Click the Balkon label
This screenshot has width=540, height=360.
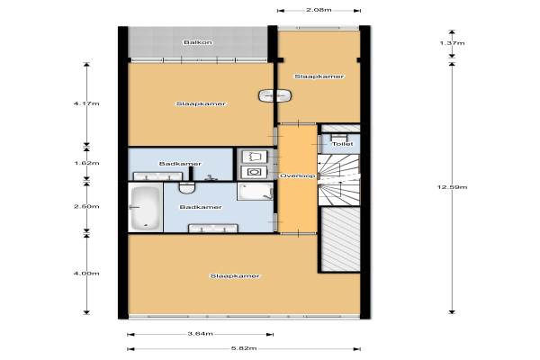click(198, 42)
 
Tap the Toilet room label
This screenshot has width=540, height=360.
click(342, 144)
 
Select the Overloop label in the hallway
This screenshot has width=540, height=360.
click(297, 175)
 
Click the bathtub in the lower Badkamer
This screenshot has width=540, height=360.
click(146, 207)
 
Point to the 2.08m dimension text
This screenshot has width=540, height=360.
click(319, 10)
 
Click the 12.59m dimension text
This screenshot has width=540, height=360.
click(452, 187)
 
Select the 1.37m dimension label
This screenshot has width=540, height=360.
click(452, 43)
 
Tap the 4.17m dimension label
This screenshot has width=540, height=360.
click(86, 103)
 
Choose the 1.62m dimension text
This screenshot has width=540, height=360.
click(86, 163)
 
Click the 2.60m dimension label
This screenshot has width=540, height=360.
click(86, 206)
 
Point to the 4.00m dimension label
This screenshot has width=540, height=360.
click(86, 274)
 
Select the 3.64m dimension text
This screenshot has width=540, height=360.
click(200, 334)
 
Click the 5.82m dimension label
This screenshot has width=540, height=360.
click(244, 348)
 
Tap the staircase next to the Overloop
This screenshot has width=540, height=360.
click(338, 180)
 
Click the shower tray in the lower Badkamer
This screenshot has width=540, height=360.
click(255, 191)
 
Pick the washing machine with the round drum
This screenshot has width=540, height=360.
click(255, 172)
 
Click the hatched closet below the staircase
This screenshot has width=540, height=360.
click(341, 239)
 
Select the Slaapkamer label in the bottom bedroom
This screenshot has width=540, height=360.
click(235, 276)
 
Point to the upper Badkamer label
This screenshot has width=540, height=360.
click(180, 164)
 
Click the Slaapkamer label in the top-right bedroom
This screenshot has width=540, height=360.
click(319, 76)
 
